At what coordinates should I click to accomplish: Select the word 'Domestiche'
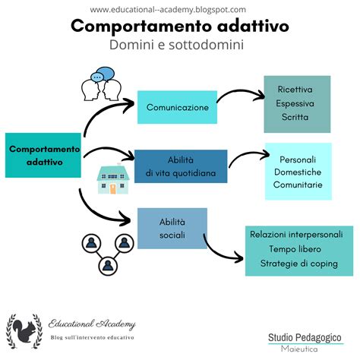[298, 172]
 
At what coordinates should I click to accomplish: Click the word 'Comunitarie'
[298, 185]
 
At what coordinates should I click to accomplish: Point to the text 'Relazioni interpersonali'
[301, 235]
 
